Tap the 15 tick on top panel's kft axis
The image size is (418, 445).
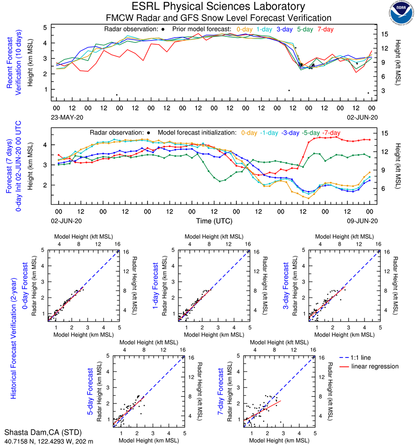(385, 34)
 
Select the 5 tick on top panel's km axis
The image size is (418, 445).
(45, 27)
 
